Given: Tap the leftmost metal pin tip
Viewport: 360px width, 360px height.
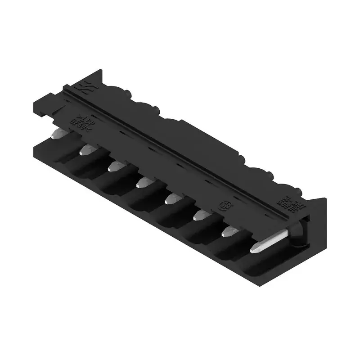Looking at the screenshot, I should [57, 133].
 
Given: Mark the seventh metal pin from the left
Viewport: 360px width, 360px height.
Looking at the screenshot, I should [230, 231].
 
